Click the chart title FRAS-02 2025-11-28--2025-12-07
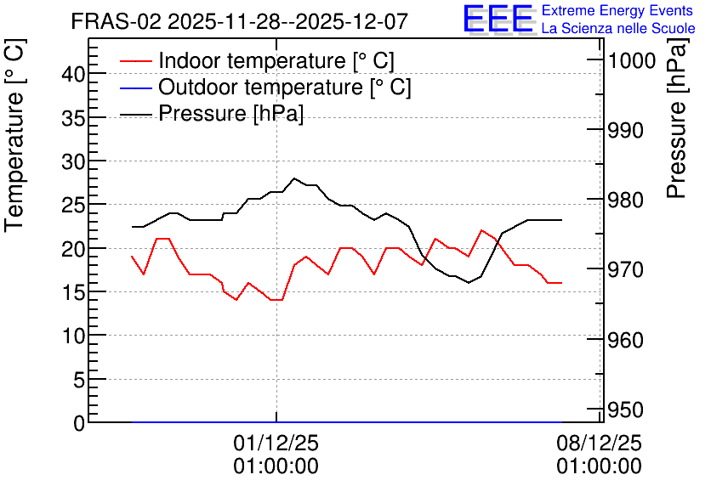tap(240, 21)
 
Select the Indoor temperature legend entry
tap(257, 60)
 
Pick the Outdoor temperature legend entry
tap(265, 87)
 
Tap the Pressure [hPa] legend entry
tap(212, 113)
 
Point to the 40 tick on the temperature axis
tap(73, 73)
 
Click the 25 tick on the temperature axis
tap(73, 205)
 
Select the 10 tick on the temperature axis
tap(73, 336)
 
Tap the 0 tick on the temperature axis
tap(79, 423)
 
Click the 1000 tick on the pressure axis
tap(631, 60)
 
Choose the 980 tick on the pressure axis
tap(625, 200)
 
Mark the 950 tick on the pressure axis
tap(625, 410)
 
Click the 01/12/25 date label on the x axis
tap(276, 443)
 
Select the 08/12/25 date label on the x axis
tap(599, 443)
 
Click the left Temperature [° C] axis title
tap(14, 135)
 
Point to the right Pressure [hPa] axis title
tap(677, 118)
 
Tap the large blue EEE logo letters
tap(498, 19)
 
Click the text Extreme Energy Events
tap(617, 10)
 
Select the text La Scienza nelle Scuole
tap(618, 29)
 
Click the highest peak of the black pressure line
tap(294, 178)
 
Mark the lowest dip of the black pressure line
tap(469, 283)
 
